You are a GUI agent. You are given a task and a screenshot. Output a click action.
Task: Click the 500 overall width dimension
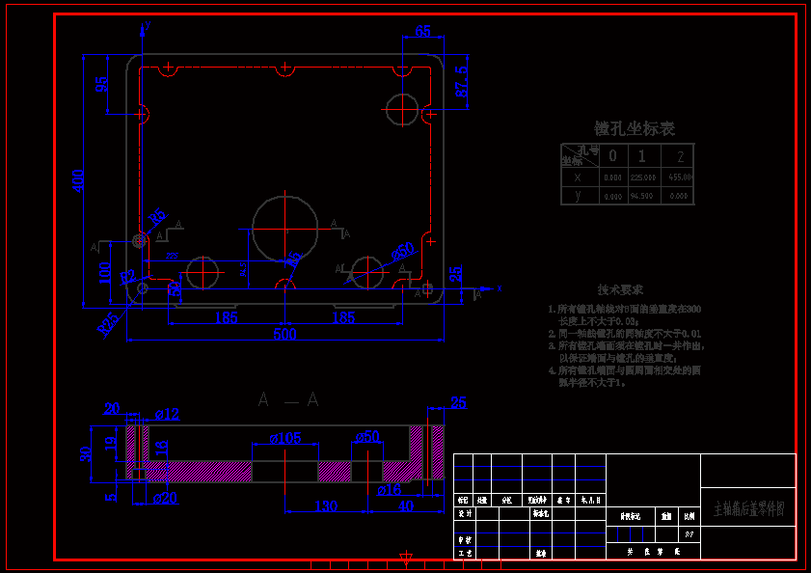pyautogui.click(x=284, y=334)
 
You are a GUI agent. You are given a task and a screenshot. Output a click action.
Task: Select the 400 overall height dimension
pyautogui.click(x=79, y=179)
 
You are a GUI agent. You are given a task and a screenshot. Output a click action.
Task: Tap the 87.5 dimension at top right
pyautogui.click(x=462, y=81)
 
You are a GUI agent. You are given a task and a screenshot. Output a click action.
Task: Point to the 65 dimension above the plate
pyautogui.click(x=422, y=31)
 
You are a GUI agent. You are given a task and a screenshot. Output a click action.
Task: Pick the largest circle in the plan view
pyautogui.click(x=285, y=228)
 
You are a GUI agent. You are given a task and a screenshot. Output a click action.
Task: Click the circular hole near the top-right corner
pyautogui.click(x=403, y=108)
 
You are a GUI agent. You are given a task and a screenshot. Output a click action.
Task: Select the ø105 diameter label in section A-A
pyautogui.click(x=285, y=438)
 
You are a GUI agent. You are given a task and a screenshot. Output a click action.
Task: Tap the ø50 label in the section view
pyautogui.click(x=367, y=437)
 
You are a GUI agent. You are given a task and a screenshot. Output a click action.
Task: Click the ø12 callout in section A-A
pyautogui.click(x=167, y=415)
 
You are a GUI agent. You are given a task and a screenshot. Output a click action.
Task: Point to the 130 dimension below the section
pyautogui.click(x=326, y=506)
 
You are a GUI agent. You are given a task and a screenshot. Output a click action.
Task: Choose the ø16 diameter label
pyautogui.click(x=389, y=491)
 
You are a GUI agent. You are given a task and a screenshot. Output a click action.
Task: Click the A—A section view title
pyautogui.click(x=288, y=399)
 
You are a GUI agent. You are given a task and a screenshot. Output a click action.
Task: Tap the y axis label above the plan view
pyautogui.click(x=148, y=24)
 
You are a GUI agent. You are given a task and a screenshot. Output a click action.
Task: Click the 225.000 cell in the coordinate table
pyautogui.click(x=642, y=177)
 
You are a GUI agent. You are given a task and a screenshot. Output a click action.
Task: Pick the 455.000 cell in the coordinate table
pyautogui.click(x=680, y=177)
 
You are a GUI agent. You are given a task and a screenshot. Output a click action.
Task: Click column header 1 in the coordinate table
pyautogui.click(x=642, y=155)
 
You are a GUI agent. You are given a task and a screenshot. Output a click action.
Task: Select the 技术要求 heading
pyautogui.click(x=620, y=289)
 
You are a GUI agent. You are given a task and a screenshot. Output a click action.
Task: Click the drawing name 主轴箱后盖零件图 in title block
pyautogui.click(x=748, y=507)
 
